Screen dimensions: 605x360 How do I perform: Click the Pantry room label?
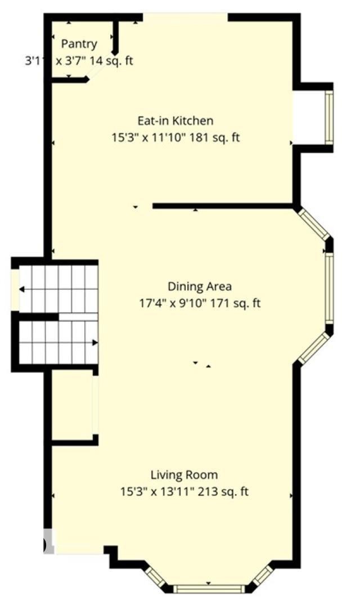pos(79,44)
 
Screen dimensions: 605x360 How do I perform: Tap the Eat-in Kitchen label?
pos(175,120)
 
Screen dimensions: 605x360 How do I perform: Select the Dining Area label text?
pos(200,286)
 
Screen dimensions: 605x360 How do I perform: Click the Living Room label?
pos(184,475)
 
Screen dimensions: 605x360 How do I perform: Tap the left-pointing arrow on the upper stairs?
pos(22,289)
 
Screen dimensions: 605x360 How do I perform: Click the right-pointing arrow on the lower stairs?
pos(94,342)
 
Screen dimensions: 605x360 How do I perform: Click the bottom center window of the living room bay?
pos(209,589)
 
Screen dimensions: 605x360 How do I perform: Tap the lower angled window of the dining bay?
pos(314,348)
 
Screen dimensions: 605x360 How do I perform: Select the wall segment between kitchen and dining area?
pos(222,206)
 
